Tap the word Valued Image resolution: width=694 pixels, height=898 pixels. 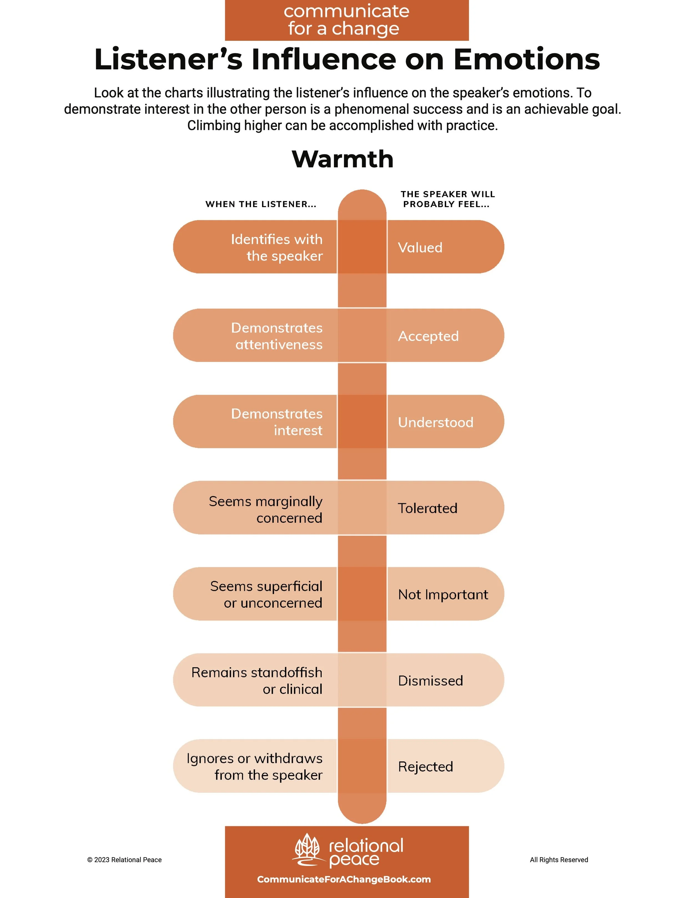[x=420, y=248]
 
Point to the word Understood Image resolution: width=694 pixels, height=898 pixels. [x=435, y=422]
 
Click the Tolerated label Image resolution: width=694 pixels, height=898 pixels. [x=427, y=508]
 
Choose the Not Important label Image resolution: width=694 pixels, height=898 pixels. [x=443, y=595]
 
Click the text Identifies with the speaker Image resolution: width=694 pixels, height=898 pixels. [x=277, y=248]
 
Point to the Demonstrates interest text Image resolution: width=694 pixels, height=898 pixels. [x=277, y=422]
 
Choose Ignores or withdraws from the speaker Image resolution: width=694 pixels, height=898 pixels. [x=255, y=766]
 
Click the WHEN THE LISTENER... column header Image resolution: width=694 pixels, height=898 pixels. [x=261, y=204]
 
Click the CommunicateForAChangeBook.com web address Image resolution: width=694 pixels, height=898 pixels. [x=344, y=879]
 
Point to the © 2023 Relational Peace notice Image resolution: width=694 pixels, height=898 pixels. [x=124, y=860]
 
